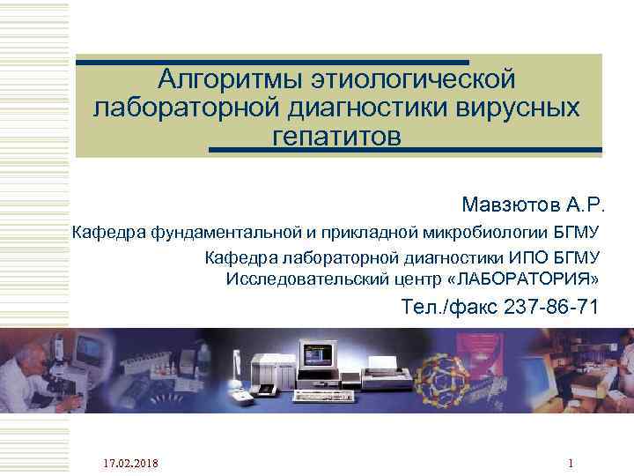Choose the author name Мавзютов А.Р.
534,205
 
